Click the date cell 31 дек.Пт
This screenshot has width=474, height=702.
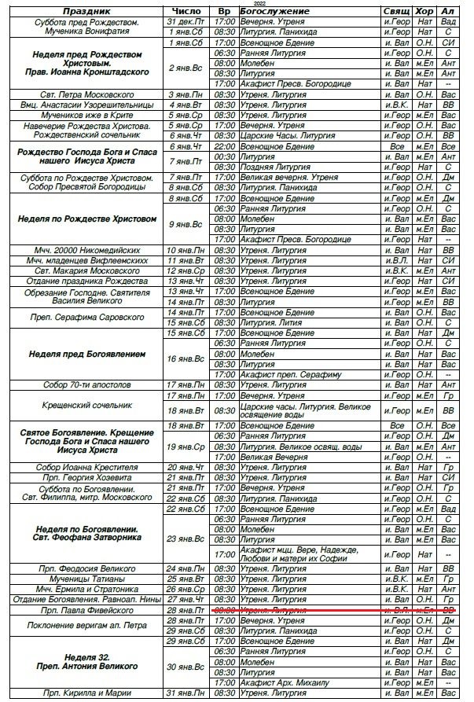coord(187,22)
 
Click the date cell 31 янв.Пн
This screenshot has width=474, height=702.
coord(187,692)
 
